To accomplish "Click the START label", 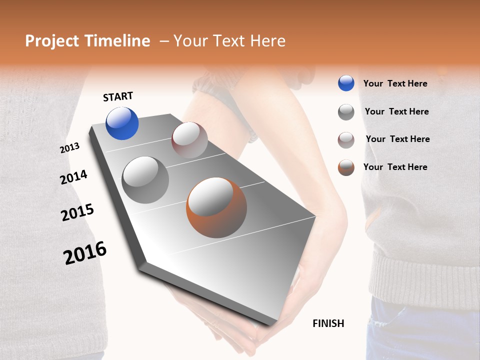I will (x=118, y=96).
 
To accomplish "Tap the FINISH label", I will (x=328, y=323).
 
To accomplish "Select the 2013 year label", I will (x=69, y=148).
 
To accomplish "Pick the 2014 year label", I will (x=73, y=177).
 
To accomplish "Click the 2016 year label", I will (x=85, y=253).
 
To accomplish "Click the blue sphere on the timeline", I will (x=122, y=123).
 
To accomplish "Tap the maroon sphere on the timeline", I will (x=189, y=140).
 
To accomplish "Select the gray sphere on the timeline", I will (x=145, y=180).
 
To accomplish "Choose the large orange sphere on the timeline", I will (x=216, y=207).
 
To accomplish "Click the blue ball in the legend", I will (x=346, y=83).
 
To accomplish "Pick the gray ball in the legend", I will (x=346, y=112).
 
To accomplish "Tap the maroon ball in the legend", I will (x=346, y=140).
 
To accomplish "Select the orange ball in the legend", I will (x=346, y=167).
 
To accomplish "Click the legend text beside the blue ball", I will (x=395, y=83).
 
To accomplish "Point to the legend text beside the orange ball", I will (x=395, y=167).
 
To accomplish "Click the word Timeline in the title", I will (x=117, y=41).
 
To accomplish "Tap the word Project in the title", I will (x=51, y=41).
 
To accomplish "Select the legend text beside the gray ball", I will (x=396, y=111).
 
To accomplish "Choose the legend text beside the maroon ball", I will (x=397, y=139).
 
